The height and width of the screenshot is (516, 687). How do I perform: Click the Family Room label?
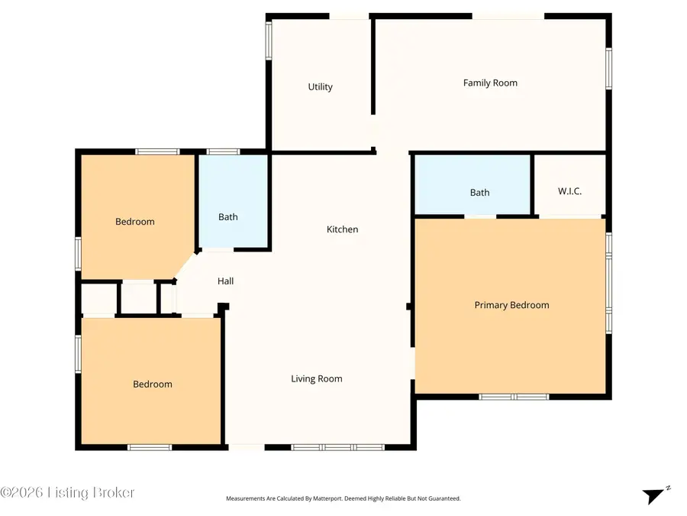(490, 83)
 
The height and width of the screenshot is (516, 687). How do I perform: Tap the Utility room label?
(320, 87)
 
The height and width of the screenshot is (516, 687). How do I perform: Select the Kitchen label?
(342, 229)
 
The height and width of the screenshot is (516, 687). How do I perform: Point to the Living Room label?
(316, 378)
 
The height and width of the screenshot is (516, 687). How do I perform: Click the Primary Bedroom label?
(511, 305)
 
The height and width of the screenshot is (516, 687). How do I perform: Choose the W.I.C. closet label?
(569, 191)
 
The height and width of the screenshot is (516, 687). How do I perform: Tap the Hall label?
(225, 281)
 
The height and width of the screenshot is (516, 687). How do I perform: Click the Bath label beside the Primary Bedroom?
(479, 193)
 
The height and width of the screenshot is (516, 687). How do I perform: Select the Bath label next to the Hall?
(227, 217)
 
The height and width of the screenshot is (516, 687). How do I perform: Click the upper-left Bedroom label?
(134, 222)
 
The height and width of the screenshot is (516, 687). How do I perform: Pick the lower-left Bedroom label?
(153, 385)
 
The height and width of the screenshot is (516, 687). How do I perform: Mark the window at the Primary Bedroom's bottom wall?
(514, 397)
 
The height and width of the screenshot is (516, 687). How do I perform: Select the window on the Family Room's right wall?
(608, 70)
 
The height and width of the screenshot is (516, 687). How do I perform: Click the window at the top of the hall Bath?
(223, 151)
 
